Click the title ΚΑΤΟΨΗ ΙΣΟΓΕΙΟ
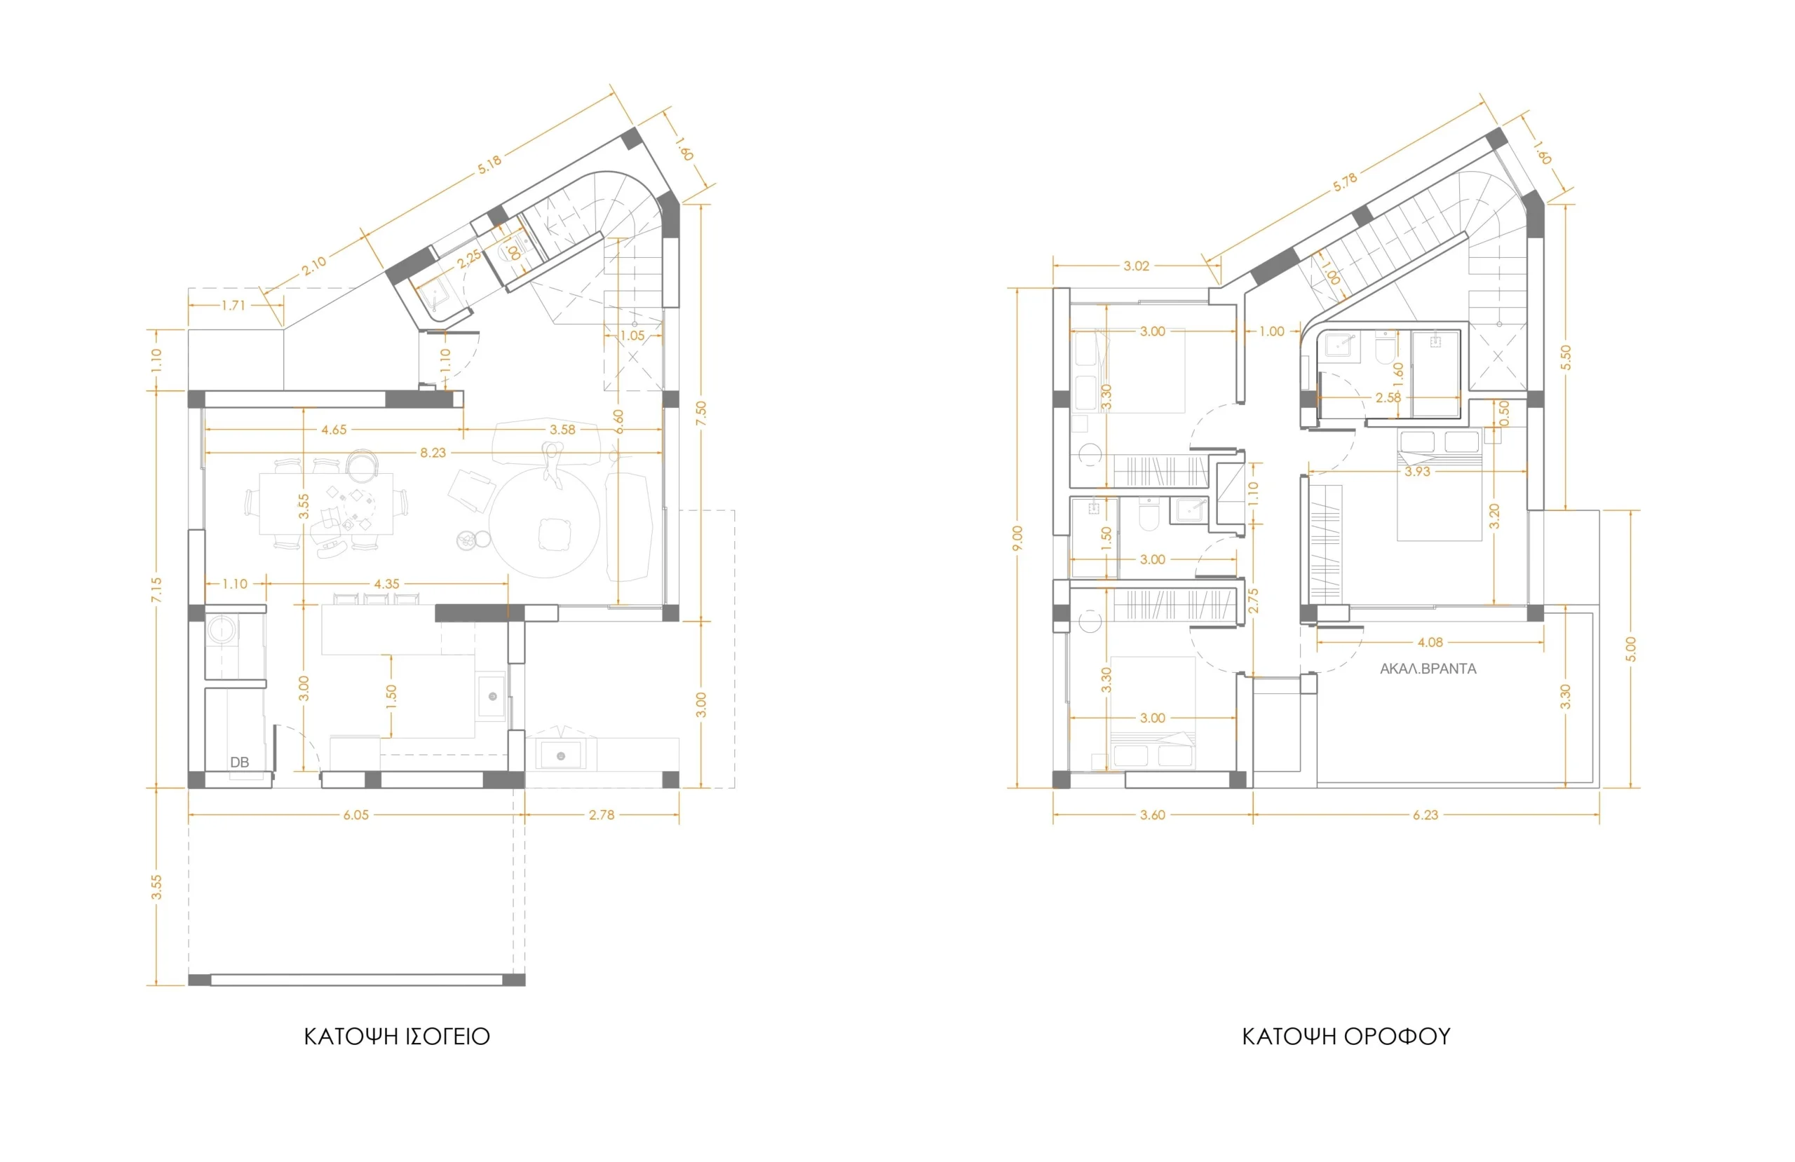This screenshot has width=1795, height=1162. point(397,1037)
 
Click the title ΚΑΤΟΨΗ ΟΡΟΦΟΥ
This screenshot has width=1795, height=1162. point(1346,1037)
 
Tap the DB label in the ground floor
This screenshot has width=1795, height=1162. point(239,763)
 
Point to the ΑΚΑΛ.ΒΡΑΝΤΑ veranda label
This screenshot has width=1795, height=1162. point(1428,669)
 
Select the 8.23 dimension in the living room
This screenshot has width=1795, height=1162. point(433,453)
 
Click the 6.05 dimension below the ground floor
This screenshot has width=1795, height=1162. point(356,815)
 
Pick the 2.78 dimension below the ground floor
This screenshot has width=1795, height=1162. point(601,815)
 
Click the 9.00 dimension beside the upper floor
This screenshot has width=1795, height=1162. point(1017,538)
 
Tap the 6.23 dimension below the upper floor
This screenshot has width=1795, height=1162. point(1425,815)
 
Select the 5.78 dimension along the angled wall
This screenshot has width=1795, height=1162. point(1345,182)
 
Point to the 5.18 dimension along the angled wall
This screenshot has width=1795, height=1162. point(489,165)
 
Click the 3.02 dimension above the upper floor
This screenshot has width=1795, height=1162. point(1137,266)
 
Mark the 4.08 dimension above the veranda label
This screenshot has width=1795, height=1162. point(1430,643)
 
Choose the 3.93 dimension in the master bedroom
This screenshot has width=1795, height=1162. point(1417,472)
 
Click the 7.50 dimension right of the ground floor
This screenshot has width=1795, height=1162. point(701,413)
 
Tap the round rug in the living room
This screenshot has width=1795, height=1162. point(545,523)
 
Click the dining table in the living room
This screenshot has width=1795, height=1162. point(326,504)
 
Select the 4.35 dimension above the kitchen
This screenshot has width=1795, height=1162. point(387,584)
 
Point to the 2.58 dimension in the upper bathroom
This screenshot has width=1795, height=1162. point(1388,397)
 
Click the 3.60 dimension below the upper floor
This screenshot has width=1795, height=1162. point(1153,815)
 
